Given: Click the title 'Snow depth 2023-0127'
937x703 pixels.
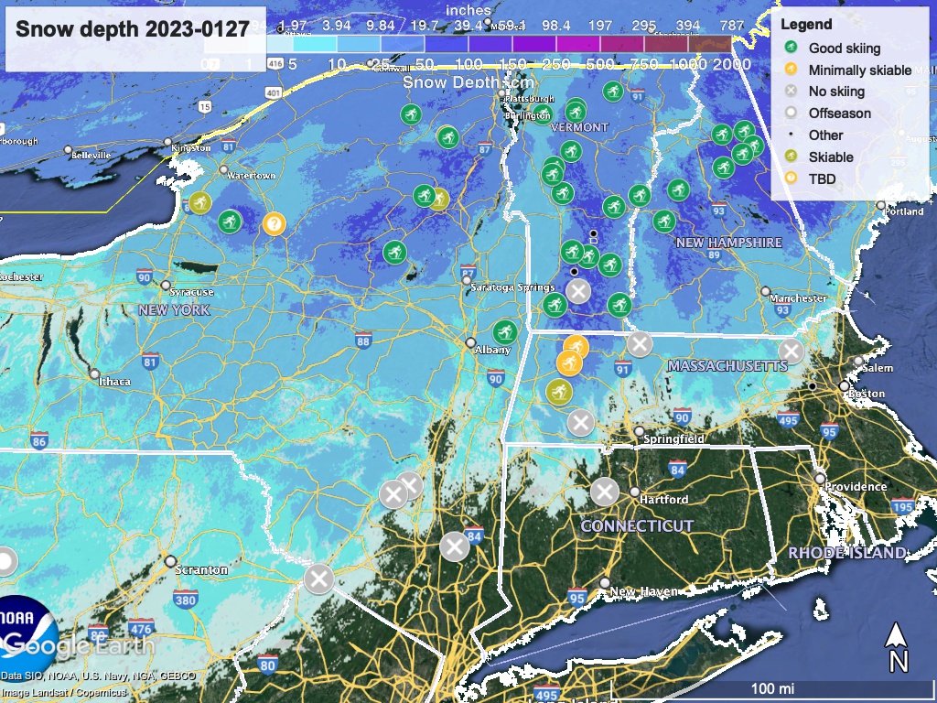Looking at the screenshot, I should (x=133, y=29).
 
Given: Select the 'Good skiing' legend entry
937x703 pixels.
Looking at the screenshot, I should (x=844, y=49).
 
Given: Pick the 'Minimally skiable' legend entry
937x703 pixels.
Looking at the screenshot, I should (x=859, y=70).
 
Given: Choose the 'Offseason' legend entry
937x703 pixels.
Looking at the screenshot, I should (x=839, y=114).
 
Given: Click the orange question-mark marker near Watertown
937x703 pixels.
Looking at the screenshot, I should (x=274, y=222).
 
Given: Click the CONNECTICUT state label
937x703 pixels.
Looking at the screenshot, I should (x=637, y=526).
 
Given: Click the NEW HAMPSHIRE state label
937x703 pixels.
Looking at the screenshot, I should (x=728, y=243).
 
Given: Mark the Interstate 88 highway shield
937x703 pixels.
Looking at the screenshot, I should (x=363, y=341).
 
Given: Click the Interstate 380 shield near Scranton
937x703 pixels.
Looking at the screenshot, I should (x=185, y=600).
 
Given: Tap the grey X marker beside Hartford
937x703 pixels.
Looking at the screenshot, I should (x=604, y=492).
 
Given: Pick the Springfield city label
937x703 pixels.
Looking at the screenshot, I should (x=673, y=439).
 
